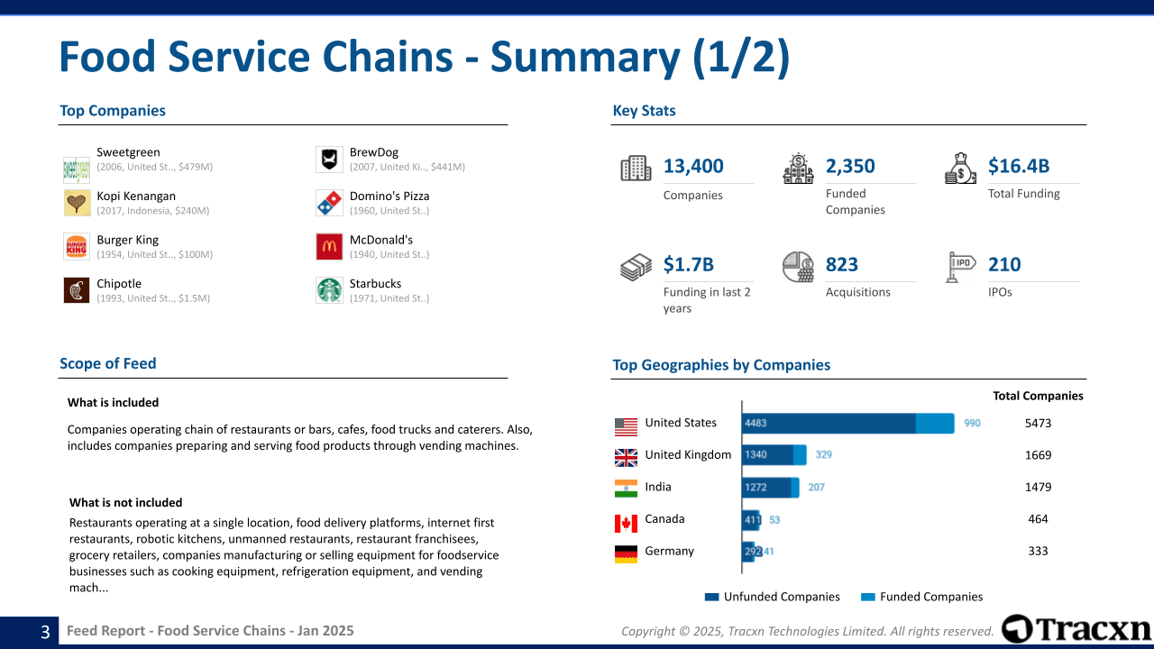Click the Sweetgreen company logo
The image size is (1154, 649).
point(77,168)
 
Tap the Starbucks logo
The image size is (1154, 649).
point(329,290)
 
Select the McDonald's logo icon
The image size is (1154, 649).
point(329,246)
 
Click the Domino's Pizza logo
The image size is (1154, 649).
point(329,203)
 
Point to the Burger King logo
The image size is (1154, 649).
point(77,246)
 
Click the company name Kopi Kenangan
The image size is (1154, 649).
point(136,196)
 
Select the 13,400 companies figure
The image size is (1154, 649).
point(693,166)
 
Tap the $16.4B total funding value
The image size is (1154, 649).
point(1018,166)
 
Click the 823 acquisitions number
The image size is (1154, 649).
point(841,264)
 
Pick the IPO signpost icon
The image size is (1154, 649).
point(960,267)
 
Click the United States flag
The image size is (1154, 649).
point(626,425)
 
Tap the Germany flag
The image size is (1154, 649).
point(626,553)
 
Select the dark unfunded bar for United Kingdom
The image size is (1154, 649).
point(767,455)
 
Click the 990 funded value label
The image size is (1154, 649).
point(972,423)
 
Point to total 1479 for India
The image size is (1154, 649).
point(1038,487)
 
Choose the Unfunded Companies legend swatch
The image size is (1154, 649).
point(712,597)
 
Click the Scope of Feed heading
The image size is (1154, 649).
point(108,363)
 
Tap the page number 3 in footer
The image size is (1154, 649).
point(45,632)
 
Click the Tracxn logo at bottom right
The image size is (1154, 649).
point(1076,629)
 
